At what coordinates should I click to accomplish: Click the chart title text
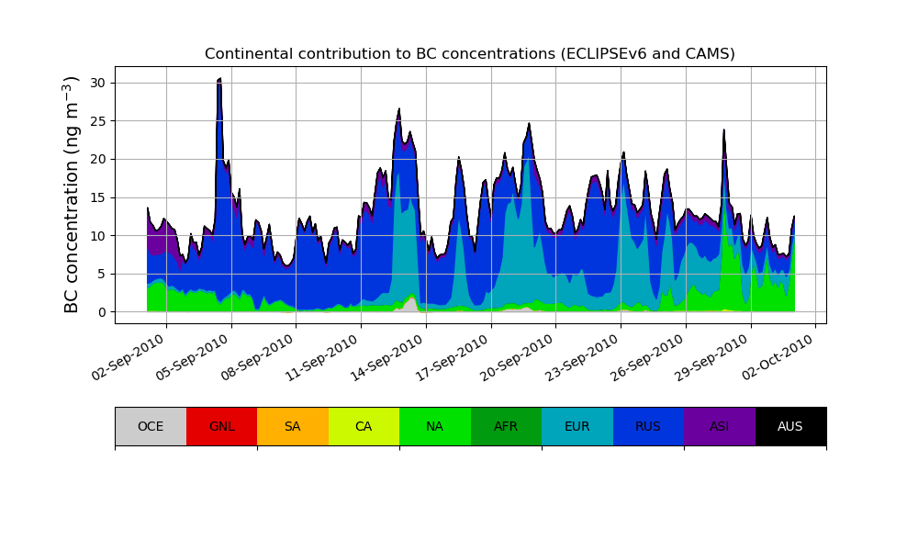[x=469, y=54]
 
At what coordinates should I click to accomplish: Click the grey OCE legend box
[x=151, y=426]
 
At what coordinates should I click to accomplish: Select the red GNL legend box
[x=221, y=426]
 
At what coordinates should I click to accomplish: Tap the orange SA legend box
[x=293, y=426]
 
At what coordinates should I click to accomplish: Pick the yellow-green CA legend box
[x=364, y=426]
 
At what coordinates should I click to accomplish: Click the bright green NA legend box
[x=435, y=426]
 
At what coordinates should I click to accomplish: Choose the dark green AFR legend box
[x=506, y=426]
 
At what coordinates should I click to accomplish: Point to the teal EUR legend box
[x=577, y=426]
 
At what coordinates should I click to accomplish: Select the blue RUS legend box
[x=648, y=426]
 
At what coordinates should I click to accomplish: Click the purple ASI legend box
[x=720, y=426]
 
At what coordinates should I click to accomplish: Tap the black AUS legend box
[x=790, y=426]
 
